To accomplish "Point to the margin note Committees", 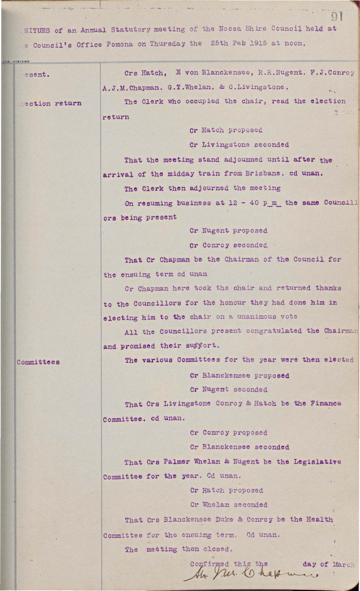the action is (x=38, y=362).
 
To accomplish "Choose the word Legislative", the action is (x=317, y=462).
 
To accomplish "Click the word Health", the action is (x=320, y=519).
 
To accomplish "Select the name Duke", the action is (x=224, y=519).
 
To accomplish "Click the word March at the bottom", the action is (x=343, y=564).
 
